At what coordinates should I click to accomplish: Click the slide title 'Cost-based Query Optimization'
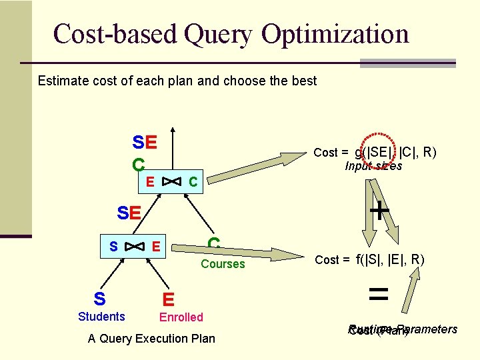pyautogui.click(x=231, y=33)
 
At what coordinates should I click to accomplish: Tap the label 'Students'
pyautogui.click(x=101, y=317)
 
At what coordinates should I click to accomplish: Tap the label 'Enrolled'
pyautogui.click(x=181, y=317)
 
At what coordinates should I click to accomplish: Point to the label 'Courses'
pyautogui.click(x=223, y=264)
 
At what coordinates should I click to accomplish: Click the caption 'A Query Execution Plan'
pyautogui.click(x=151, y=339)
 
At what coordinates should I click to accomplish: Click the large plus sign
pyautogui.click(x=379, y=211)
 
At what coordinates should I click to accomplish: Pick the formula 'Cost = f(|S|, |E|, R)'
pyautogui.click(x=369, y=259)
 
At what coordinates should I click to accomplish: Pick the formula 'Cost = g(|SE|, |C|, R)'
pyautogui.click(x=375, y=153)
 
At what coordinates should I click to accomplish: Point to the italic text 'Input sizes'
pyautogui.click(x=373, y=166)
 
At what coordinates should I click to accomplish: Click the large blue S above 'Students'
pyautogui.click(x=99, y=297)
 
